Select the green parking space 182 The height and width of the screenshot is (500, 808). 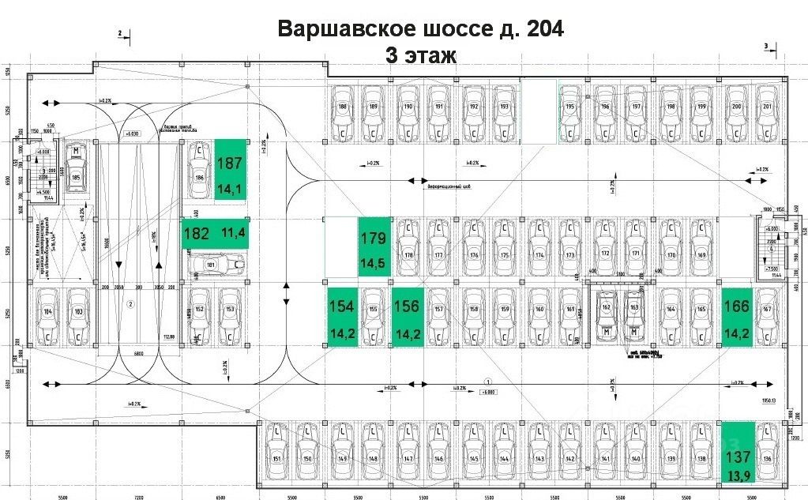213,233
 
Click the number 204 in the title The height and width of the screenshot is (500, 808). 542,28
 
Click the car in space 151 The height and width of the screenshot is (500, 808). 276,453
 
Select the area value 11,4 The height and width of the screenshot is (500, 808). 233,233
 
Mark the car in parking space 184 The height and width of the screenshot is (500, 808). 49,315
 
